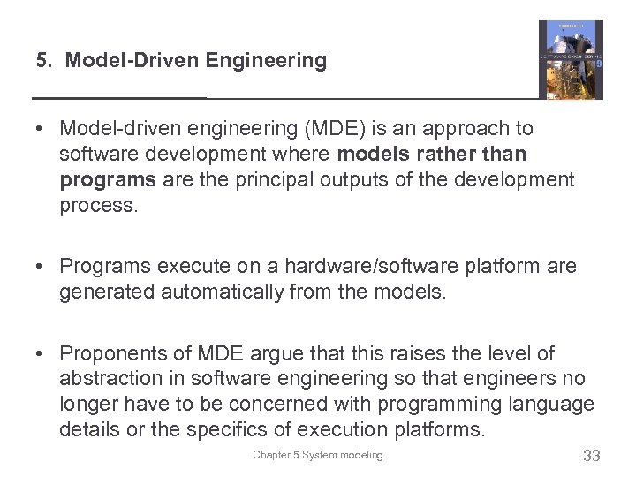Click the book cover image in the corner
click(x=571, y=59)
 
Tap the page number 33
click(x=591, y=456)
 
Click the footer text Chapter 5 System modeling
click(x=318, y=455)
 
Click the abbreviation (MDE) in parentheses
click(x=332, y=129)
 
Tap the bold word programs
click(x=97, y=180)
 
